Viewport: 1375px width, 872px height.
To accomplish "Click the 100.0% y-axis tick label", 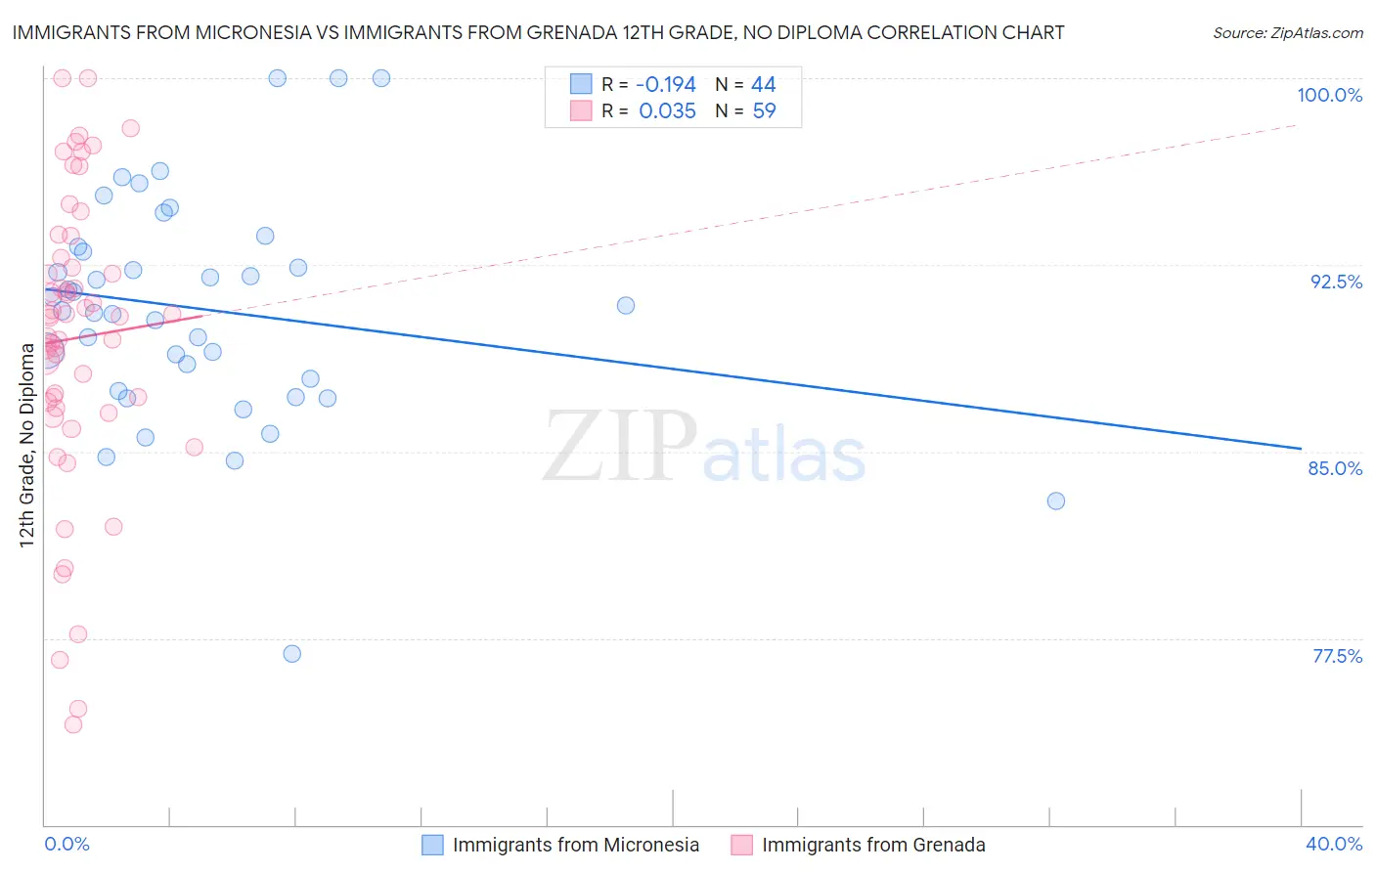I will (1329, 95).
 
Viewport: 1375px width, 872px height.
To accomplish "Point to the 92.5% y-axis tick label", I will (1336, 282).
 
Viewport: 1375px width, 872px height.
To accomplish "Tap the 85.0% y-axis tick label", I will (1335, 468).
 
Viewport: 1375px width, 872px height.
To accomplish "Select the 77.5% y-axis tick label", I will (1337, 656).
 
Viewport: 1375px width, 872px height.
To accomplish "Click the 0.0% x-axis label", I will (67, 844).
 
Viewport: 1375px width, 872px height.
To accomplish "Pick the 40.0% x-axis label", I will (1333, 844).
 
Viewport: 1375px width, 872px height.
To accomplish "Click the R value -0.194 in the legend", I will (665, 85).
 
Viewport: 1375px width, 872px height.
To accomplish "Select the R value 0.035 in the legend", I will (667, 111).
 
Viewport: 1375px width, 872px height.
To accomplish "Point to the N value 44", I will (763, 85).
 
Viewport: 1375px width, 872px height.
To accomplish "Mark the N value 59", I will (763, 111).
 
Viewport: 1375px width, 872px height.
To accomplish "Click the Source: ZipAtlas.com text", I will (1287, 33).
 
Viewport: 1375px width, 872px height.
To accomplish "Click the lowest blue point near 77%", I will (291, 654).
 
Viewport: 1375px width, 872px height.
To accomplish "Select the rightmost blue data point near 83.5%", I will (1056, 501).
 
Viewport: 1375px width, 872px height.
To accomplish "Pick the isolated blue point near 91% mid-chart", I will (626, 305).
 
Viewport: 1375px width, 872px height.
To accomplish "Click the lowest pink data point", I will (73, 724).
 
